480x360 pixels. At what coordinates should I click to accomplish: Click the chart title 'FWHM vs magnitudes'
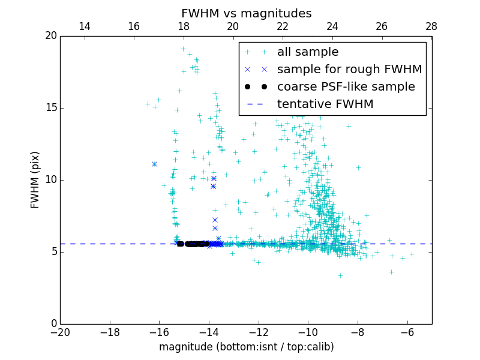click(246, 13)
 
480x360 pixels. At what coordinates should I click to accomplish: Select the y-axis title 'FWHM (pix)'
click(35, 179)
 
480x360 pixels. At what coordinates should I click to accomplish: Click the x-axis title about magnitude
click(246, 347)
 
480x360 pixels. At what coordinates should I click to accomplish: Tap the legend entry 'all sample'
click(308, 52)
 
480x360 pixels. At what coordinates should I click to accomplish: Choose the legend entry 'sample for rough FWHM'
click(349, 70)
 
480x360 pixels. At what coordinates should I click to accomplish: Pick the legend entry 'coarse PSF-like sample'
click(346, 87)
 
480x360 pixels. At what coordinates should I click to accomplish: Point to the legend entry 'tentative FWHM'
click(325, 104)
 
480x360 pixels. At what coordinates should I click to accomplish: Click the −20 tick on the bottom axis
click(60, 332)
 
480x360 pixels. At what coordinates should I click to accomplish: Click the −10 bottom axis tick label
click(308, 332)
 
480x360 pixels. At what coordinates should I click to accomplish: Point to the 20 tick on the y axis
click(50, 36)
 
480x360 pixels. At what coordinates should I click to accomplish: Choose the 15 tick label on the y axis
click(50, 108)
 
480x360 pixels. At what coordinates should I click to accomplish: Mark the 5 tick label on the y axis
click(53, 252)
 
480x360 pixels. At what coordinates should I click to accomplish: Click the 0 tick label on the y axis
click(53, 324)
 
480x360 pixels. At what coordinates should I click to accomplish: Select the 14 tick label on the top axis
click(85, 26)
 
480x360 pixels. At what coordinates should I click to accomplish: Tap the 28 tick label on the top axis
click(431, 26)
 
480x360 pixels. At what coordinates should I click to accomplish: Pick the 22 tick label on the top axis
click(283, 26)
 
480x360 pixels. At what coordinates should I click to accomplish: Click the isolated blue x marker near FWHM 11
click(154, 164)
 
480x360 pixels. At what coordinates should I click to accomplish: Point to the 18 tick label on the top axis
click(184, 26)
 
